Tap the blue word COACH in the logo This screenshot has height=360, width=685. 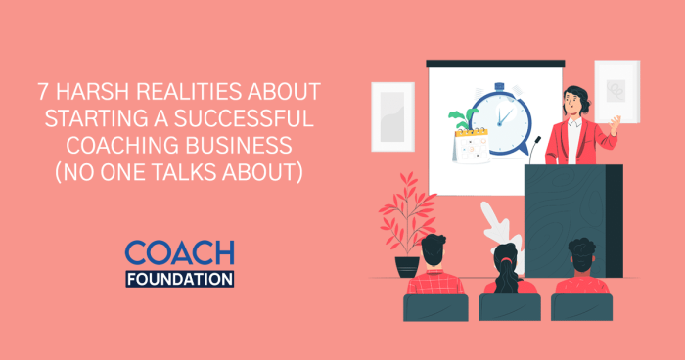(x=179, y=253)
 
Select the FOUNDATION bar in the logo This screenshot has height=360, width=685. (x=179, y=278)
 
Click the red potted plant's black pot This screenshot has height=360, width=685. (x=407, y=265)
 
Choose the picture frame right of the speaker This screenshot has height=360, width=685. (x=616, y=91)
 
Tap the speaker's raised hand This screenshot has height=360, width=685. (x=614, y=124)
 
